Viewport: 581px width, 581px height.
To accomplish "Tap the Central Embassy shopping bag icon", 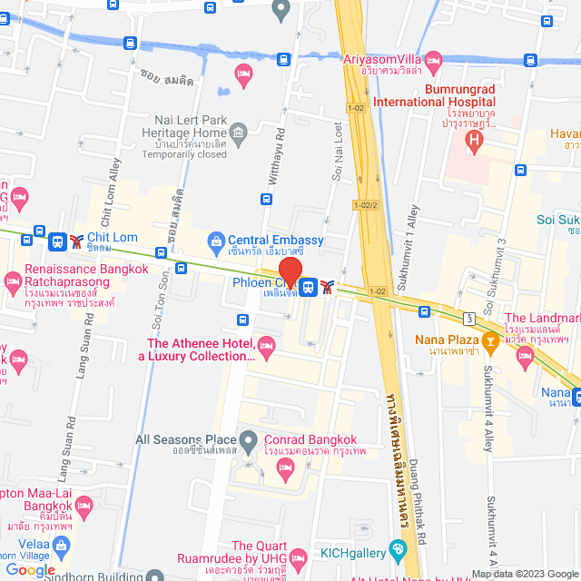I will click(217, 241).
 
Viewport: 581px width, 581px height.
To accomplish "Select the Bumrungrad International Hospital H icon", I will click(473, 140).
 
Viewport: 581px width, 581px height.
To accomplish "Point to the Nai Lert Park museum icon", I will click(240, 134).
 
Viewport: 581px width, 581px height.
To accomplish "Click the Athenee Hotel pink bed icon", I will click(266, 344).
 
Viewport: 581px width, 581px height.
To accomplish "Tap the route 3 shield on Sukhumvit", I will click(468, 318).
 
